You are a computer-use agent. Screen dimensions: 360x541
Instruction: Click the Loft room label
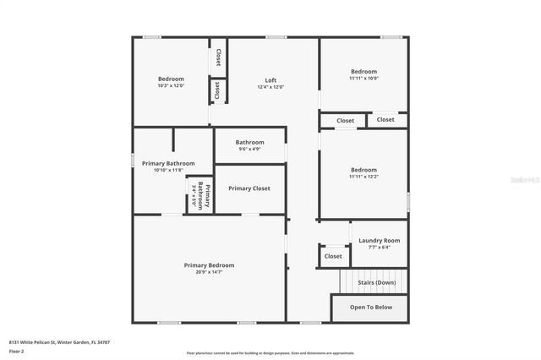click(x=270, y=80)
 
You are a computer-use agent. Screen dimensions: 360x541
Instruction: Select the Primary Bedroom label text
click(x=209, y=265)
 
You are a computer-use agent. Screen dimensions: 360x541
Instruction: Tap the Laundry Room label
click(x=379, y=241)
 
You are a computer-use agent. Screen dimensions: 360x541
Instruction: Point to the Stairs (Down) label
click(x=377, y=282)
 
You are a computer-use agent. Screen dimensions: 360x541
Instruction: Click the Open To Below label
click(x=371, y=308)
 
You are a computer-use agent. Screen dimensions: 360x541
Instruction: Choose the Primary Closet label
click(x=249, y=188)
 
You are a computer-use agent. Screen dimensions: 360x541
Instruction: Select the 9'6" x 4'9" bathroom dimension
click(x=249, y=150)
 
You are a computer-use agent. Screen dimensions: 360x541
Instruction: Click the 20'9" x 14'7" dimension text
click(x=209, y=272)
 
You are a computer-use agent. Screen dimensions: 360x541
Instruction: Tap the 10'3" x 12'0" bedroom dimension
click(x=171, y=86)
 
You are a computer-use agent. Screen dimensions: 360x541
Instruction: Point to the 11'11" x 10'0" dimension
click(x=364, y=79)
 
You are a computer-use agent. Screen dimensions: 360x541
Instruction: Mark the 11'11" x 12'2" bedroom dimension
click(x=364, y=177)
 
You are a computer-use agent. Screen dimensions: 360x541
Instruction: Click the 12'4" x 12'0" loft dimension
click(x=270, y=87)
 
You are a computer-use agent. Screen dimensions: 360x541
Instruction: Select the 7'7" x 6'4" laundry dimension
click(x=379, y=248)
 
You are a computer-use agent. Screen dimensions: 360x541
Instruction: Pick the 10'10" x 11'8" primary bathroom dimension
click(x=168, y=171)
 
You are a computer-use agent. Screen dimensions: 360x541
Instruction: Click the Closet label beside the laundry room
click(x=333, y=256)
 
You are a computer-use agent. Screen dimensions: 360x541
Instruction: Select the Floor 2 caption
click(x=15, y=351)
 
